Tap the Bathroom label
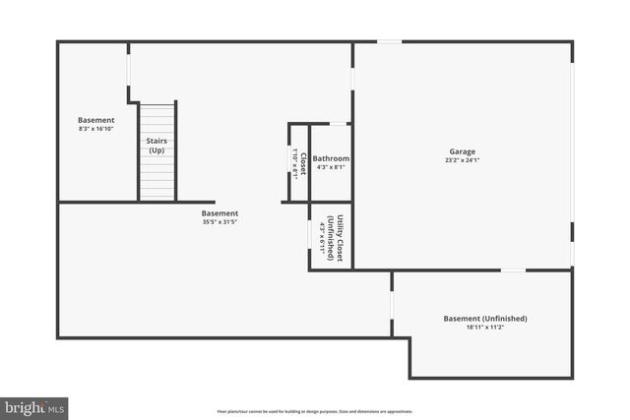pos(331,158)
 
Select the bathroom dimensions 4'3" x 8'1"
pos(331,167)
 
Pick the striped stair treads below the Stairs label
pos(157,180)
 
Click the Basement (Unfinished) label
pos(485,319)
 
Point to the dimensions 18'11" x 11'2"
pos(485,328)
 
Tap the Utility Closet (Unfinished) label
pos(336,238)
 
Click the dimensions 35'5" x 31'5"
pos(220,221)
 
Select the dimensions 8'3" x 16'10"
pos(96,129)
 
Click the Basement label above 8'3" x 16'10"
pos(96,120)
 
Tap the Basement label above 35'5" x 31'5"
pos(220,212)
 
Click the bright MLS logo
pos(34,406)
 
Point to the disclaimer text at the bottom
pos(315,411)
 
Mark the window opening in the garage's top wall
pos(390,41)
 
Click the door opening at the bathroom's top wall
pos(338,124)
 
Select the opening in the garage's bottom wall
pos(513,270)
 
